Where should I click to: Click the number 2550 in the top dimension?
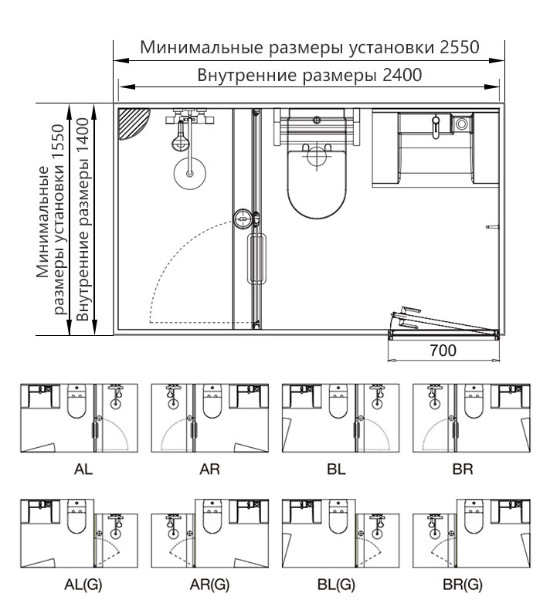[460, 47]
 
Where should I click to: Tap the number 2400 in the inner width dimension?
[402, 75]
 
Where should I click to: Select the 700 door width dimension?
[443, 351]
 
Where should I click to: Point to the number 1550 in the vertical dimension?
[59, 144]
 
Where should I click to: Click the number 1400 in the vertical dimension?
[83, 137]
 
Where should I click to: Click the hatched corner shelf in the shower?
[133, 124]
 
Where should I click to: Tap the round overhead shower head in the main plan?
[190, 173]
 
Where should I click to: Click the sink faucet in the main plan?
[436, 127]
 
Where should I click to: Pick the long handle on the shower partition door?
[256, 259]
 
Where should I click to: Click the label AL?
[83, 469]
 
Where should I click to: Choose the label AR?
[210, 469]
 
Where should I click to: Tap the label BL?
[337, 469]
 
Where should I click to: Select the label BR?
[463, 469]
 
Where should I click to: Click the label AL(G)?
[83, 585]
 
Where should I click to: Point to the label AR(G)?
[210, 585]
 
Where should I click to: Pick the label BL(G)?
[337, 585]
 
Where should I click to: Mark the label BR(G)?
[463, 585]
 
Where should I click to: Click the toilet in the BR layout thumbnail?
[474, 402]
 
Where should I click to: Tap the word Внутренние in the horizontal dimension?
[247, 75]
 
